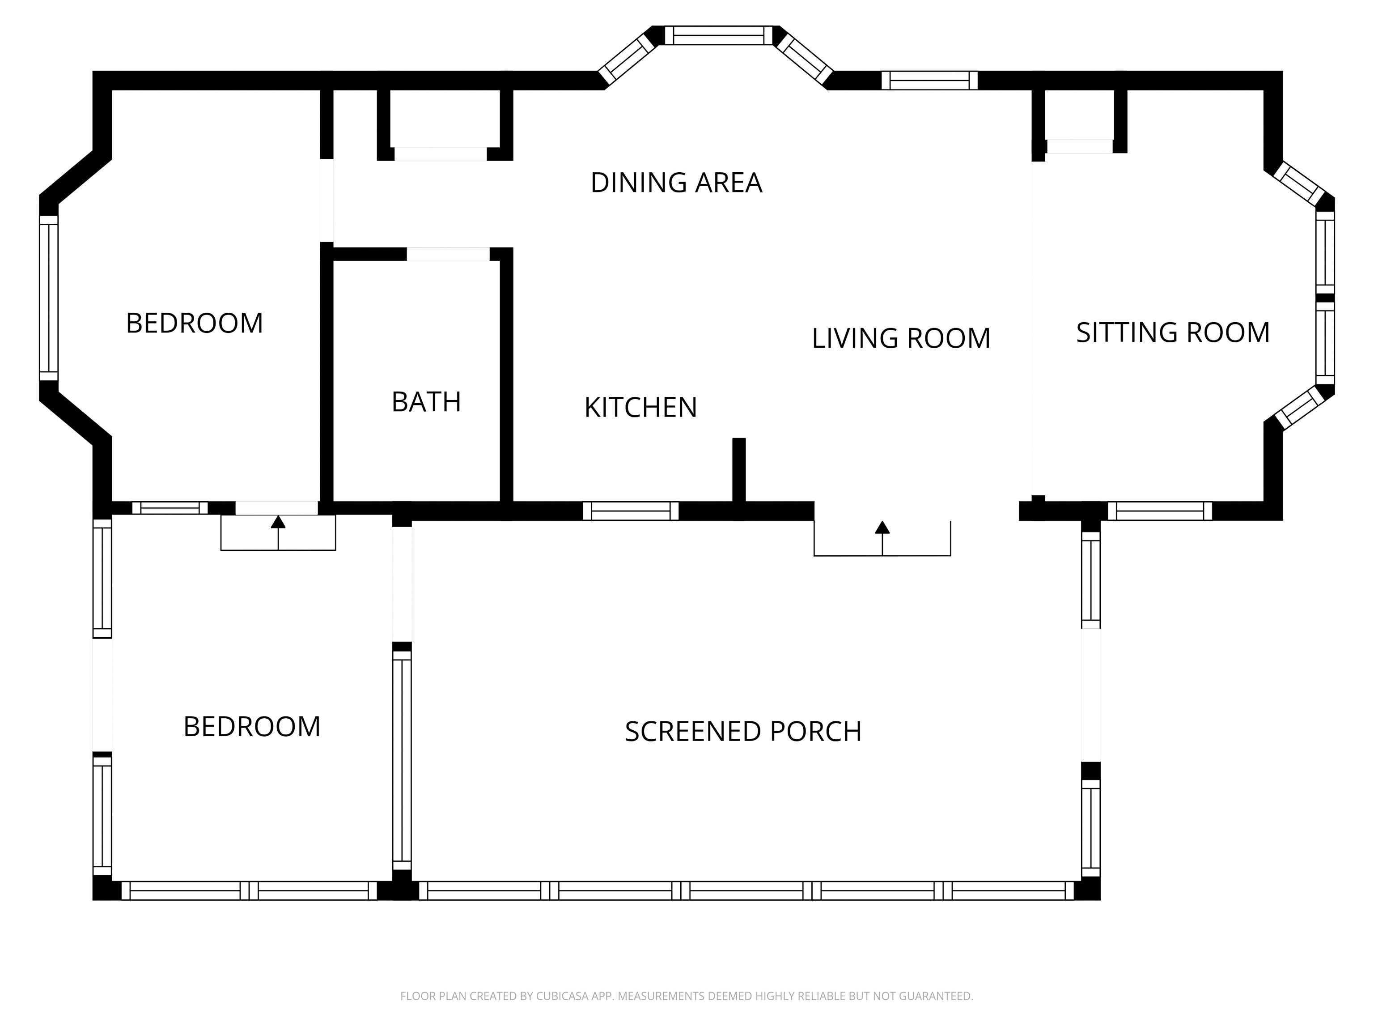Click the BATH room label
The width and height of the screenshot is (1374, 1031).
[x=426, y=402]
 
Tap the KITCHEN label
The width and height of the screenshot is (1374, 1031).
[x=640, y=408]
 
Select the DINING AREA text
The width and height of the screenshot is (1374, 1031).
[x=676, y=183]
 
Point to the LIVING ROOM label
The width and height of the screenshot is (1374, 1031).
[x=901, y=338]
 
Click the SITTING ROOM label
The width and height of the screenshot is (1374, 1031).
[x=1173, y=332]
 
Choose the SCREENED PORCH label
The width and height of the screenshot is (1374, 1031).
[x=743, y=732]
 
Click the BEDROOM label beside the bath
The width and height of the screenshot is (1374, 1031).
[x=195, y=323]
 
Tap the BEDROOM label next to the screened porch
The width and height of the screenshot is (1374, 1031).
[x=251, y=726]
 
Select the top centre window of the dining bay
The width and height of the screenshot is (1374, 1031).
[x=719, y=35]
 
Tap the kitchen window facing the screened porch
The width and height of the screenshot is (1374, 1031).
[x=631, y=511]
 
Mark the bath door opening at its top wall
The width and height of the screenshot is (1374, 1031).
[x=448, y=254]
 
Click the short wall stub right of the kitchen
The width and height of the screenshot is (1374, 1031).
[x=738, y=470]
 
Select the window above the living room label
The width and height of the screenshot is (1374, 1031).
[x=929, y=81]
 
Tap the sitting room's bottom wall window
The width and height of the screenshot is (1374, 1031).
[x=1160, y=511]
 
